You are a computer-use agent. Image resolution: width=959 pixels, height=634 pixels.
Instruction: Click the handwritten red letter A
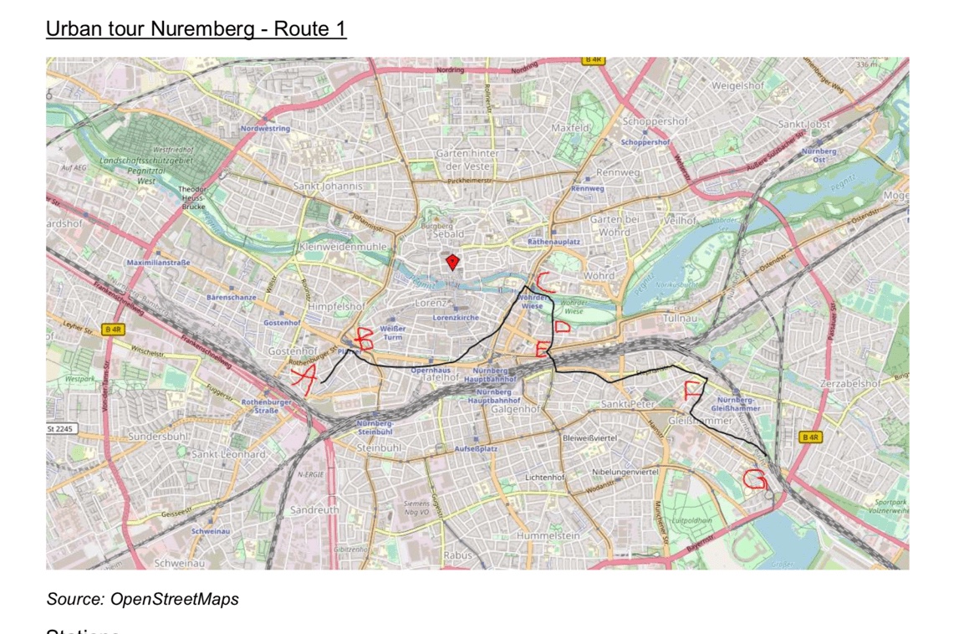pos(304,380)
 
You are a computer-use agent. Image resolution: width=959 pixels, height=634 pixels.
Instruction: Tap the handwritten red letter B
pos(365,339)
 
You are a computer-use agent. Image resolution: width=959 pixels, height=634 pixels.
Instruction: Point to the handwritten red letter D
pos(562,327)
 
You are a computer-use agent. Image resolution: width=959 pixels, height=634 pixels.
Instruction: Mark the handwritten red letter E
pos(543,349)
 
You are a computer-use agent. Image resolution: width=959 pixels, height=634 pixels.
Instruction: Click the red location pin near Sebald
pos(452,263)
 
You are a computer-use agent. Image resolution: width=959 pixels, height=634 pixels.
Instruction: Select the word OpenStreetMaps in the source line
pos(174,599)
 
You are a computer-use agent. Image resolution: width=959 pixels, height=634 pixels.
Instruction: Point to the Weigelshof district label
pos(737,85)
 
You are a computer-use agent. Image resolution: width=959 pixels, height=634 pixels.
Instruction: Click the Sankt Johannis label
pos(328,185)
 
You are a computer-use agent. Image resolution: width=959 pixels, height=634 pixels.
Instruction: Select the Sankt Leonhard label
pos(228,454)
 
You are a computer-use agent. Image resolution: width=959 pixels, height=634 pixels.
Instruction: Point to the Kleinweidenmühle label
pos(343,248)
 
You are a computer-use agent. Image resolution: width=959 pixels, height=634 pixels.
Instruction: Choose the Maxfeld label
pos(570,128)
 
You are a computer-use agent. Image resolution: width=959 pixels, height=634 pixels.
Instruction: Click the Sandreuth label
pos(314,509)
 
